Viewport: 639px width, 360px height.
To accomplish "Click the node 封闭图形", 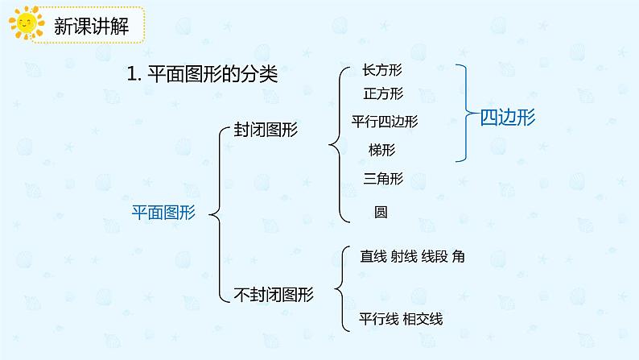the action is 265,130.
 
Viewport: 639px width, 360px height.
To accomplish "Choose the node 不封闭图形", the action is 270,295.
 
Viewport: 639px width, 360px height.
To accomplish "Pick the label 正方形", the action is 383,94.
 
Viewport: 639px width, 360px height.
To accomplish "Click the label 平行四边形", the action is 385,122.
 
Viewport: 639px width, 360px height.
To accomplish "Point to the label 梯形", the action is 381,150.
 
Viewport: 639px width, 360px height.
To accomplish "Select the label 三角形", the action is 383,179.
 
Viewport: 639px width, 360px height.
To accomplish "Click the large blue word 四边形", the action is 508,117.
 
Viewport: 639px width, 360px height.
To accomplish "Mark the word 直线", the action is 373,257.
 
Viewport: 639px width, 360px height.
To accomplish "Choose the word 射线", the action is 403,257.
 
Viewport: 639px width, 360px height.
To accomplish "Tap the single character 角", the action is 458,257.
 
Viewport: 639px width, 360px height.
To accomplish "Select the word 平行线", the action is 379,319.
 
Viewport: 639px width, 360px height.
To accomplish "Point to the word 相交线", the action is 423,319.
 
